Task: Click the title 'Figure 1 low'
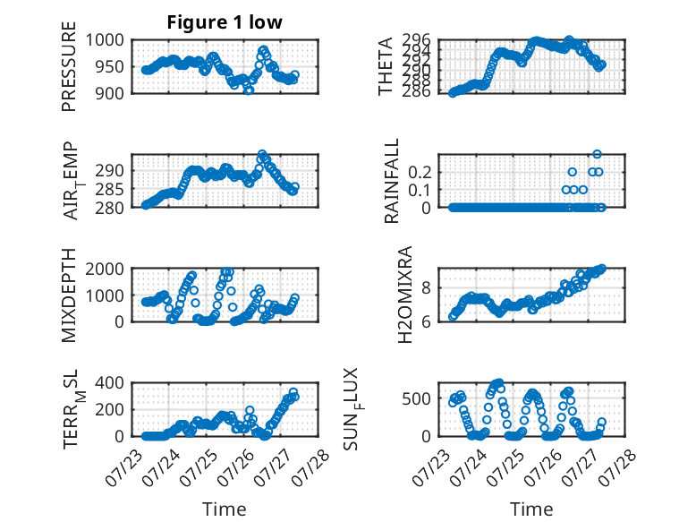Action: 225,22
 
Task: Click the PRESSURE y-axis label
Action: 69,66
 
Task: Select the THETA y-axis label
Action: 386,66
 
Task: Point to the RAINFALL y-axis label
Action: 392,181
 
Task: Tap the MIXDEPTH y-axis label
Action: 69,295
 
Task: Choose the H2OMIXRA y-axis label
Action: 405,295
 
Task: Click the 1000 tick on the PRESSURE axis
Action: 105,40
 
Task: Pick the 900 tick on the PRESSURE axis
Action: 110,93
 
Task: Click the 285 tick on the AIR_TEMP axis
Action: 110,189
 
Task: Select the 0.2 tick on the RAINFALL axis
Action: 420,172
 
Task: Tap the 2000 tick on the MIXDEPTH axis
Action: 105,269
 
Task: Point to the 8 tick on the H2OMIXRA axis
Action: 426,288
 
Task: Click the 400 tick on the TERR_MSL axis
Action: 110,383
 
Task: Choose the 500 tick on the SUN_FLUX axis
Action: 417,398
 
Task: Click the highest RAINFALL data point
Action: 597,154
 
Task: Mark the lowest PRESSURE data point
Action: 249,90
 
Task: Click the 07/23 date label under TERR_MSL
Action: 123,467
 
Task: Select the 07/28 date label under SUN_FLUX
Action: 618,467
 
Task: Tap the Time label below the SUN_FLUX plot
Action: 531,509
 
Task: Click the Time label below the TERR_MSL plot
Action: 225,509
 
